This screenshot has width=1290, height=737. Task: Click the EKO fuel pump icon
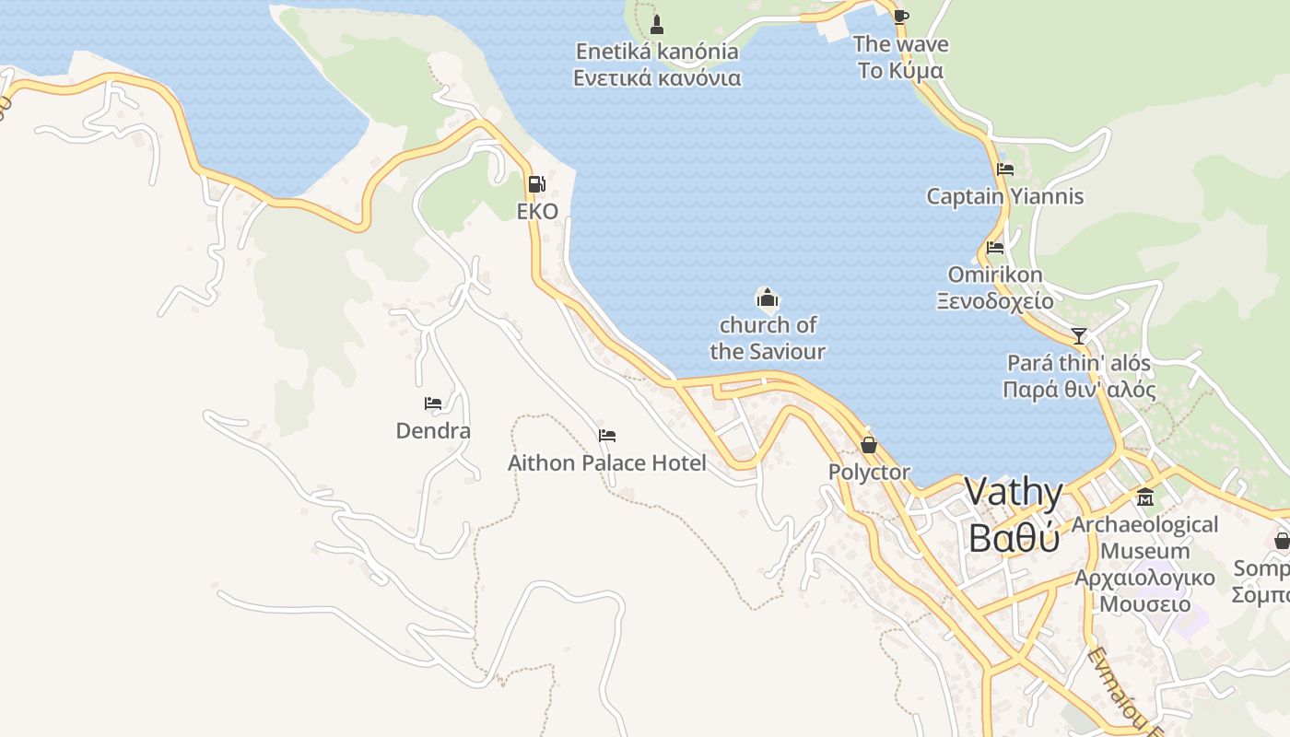(536, 183)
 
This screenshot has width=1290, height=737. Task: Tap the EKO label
(537, 211)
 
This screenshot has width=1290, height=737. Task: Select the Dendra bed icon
(433, 403)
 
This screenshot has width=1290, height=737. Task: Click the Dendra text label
(433, 430)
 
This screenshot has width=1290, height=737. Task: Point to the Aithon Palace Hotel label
(607, 462)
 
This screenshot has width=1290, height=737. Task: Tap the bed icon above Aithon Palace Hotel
(606, 436)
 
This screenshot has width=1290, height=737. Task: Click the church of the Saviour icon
(768, 297)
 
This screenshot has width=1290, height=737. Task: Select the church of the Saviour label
(768, 338)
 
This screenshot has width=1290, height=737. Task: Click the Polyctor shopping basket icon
(868, 445)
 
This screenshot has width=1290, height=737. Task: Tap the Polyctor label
(869, 473)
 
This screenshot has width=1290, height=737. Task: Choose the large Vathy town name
(1014, 492)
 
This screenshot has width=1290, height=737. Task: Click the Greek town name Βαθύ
(1014, 538)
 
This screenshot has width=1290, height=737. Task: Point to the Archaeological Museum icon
(1145, 497)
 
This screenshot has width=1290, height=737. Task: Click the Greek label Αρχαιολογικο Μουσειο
(1145, 591)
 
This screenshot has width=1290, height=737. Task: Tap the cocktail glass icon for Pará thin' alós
(1079, 335)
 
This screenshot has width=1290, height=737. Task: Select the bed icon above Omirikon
(995, 247)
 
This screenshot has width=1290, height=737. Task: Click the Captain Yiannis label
(1005, 196)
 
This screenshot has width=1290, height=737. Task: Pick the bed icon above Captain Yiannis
(1005, 170)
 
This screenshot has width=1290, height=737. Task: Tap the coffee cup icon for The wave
(900, 16)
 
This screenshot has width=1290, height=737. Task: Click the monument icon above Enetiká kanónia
(657, 23)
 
